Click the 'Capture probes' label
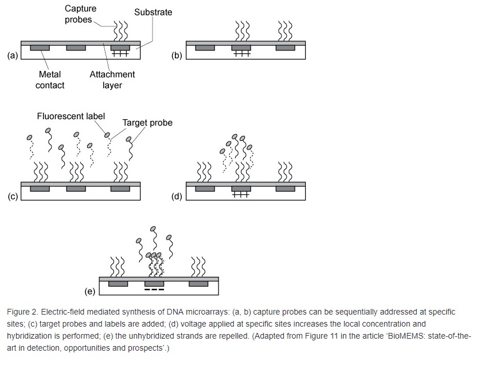point(80,14)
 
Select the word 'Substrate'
point(153,12)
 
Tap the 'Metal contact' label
point(50,80)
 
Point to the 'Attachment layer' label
point(112,80)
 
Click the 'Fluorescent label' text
point(71,116)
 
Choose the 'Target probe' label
point(147,123)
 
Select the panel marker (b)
point(177,56)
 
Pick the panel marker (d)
point(177,197)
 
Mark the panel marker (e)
point(90,291)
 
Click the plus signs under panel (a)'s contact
point(120,54)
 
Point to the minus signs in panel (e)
point(154,289)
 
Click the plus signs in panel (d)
point(241,195)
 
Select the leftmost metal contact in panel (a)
point(40,48)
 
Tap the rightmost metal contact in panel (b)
point(285,48)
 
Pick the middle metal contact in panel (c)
point(76,189)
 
